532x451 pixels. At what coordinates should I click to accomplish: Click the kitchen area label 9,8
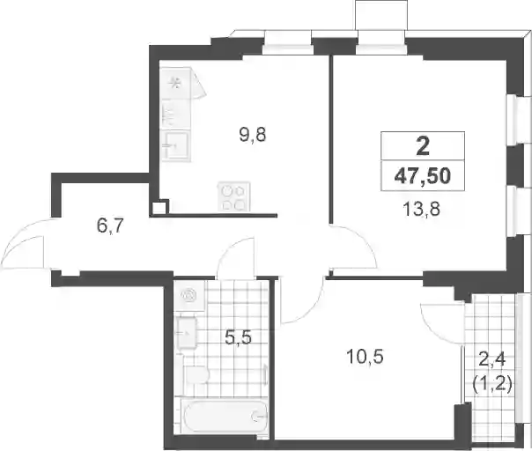point(253,136)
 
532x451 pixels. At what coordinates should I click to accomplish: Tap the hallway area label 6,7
point(109,225)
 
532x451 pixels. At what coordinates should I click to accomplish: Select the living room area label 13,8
point(421,210)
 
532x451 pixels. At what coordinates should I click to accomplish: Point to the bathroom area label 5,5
point(239,338)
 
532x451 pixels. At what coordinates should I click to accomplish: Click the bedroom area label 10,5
point(365,357)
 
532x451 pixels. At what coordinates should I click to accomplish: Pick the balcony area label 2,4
point(491,359)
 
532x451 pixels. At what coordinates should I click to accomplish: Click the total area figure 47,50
point(423,176)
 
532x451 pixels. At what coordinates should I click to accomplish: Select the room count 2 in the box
point(423,146)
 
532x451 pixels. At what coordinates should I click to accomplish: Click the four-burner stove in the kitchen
point(233,196)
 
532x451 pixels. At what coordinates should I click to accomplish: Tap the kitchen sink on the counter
point(175,146)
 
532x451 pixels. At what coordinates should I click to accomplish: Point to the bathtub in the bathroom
point(225,416)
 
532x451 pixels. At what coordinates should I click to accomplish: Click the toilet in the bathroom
point(196,374)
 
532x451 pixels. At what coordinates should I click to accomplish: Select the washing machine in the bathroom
point(189,295)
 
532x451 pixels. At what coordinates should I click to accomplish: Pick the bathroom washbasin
point(185,334)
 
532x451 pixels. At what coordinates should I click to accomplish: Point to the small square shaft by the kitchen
point(159,208)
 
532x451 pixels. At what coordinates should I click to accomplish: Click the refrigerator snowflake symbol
point(176,83)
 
